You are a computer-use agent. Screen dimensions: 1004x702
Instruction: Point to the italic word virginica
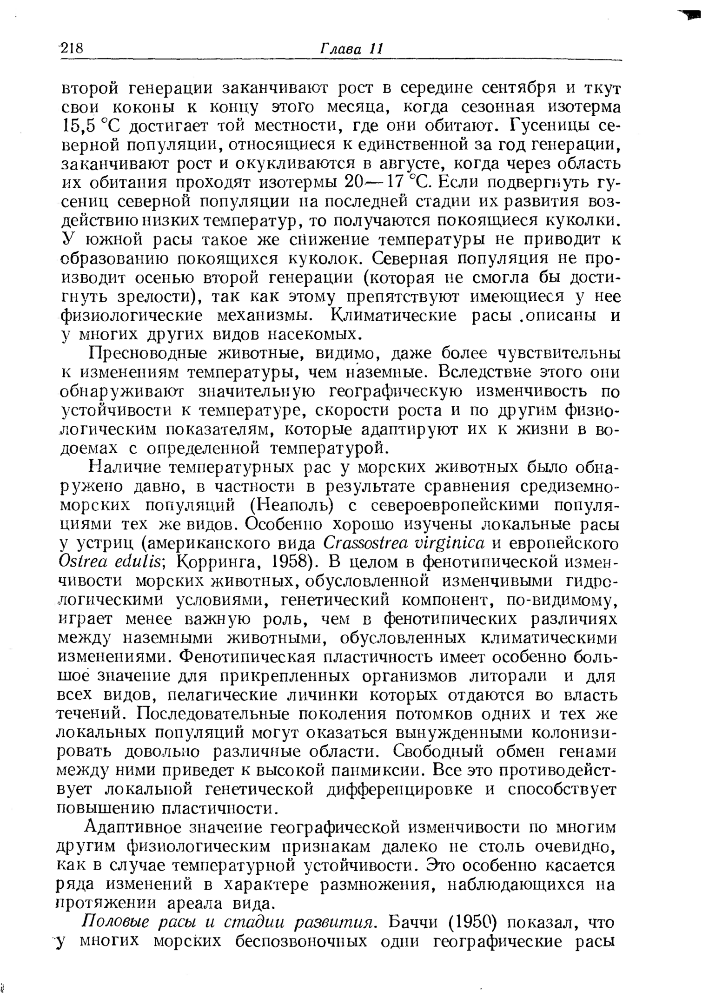click(x=445, y=543)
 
